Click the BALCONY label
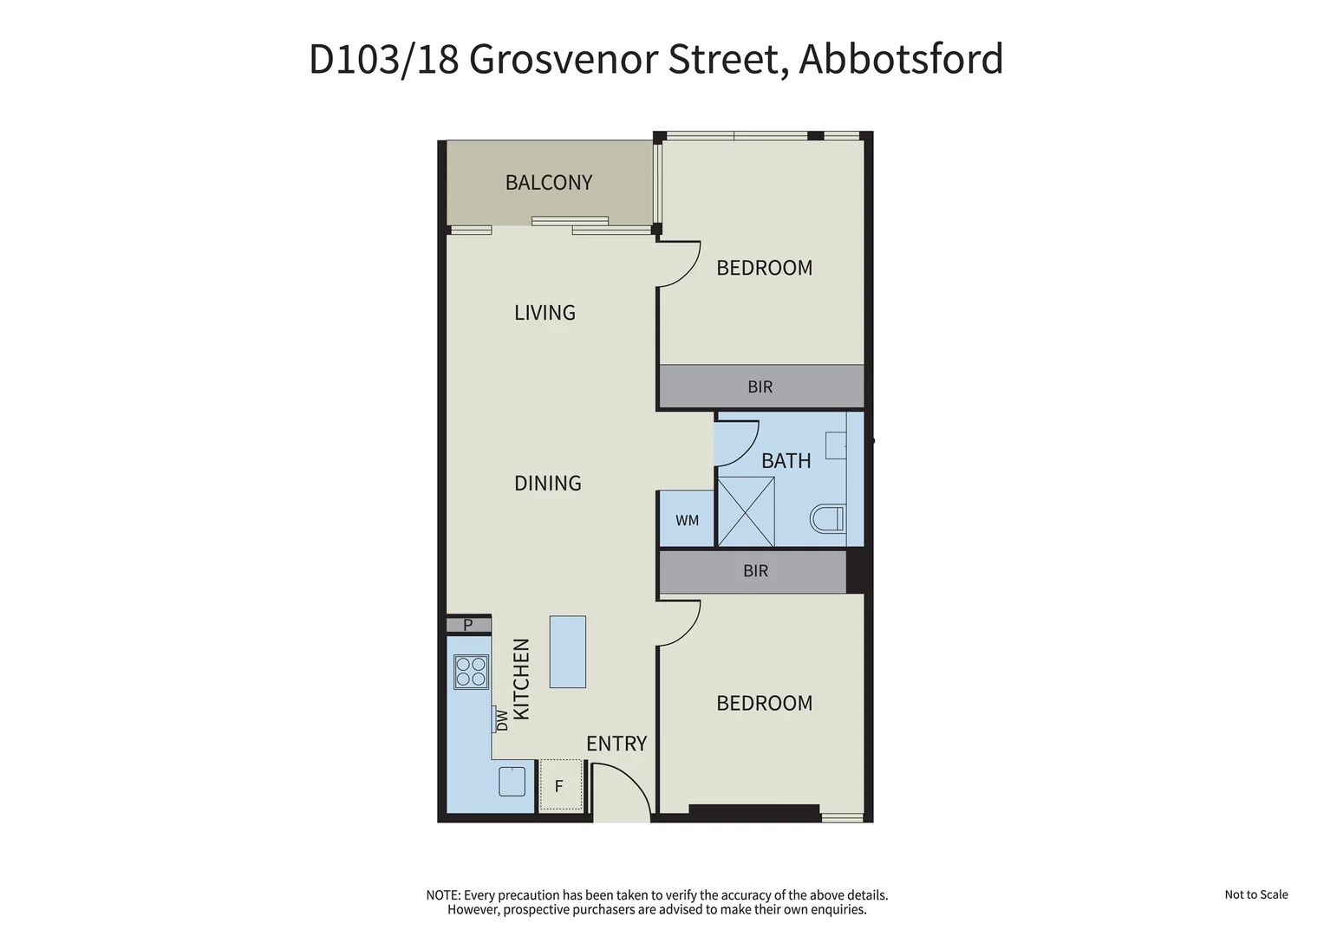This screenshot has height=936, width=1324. (x=549, y=183)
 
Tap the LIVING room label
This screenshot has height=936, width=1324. (x=545, y=313)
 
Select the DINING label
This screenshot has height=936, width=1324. (x=547, y=484)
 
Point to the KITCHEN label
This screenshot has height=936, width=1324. (x=521, y=679)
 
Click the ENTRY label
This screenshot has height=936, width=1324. (x=616, y=744)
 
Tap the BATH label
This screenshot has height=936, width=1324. (x=786, y=461)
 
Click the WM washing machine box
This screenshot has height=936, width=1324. (x=687, y=520)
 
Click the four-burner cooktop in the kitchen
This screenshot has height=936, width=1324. (x=471, y=672)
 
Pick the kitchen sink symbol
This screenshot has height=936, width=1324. (x=512, y=782)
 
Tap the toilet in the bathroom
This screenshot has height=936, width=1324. (x=827, y=519)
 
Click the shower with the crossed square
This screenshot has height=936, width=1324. (x=746, y=511)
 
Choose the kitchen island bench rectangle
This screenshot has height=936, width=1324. (x=567, y=652)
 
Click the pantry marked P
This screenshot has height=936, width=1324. (x=468, y=625)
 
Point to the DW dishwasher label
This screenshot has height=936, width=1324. (x=502, y=719)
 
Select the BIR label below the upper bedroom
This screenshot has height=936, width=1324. (x=760, y=387)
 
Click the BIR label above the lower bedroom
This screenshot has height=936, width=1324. (x=755, y=571)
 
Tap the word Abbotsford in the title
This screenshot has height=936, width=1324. (x=900, y=60)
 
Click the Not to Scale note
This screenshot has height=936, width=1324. (x=1256, y=894)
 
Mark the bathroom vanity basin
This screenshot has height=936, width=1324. (x=836, y=445)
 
